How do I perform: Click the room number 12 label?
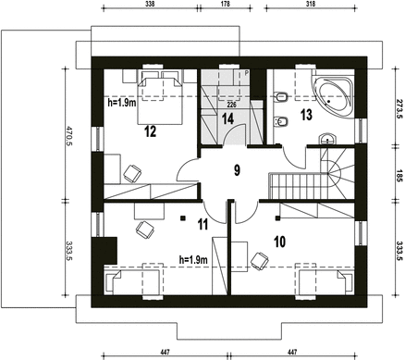click(150, 131)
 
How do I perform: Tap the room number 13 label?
click(306, 115)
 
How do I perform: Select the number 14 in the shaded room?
click(227, 119)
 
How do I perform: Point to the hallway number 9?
click(237, 170)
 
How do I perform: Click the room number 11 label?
click(202, 224)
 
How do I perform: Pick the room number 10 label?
click(279, 242)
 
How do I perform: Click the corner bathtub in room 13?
click(333, 93)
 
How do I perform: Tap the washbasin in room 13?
click(327, 139)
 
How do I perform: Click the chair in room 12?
click(132, 173)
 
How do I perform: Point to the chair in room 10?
click(260, 261)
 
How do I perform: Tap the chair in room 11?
click(145, 230)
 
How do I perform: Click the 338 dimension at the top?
click(150, 4)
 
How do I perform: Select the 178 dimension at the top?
click(226, 4)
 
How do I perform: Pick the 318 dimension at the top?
click(311, 4)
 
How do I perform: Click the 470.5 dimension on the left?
click(68, 135)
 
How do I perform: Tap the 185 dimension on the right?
click(399, 175)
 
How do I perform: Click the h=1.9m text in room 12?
click(122, 103)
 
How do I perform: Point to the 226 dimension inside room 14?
click(231, 105)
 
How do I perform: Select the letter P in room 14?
click(247, 73)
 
